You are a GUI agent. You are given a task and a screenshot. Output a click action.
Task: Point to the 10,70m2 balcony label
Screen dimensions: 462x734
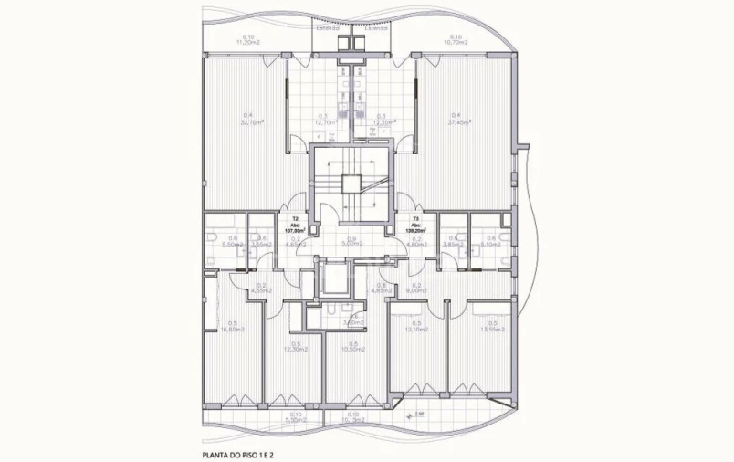pos(455,42)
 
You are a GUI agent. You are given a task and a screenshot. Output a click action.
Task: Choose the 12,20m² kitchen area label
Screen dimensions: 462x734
pos(385,122)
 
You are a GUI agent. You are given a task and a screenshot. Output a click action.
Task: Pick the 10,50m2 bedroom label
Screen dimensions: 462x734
pos(353,348)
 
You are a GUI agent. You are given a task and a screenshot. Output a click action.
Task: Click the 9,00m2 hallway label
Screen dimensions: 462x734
pos(416,290)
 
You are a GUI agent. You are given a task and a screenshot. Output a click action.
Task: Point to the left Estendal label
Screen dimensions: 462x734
pos(328,28)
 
